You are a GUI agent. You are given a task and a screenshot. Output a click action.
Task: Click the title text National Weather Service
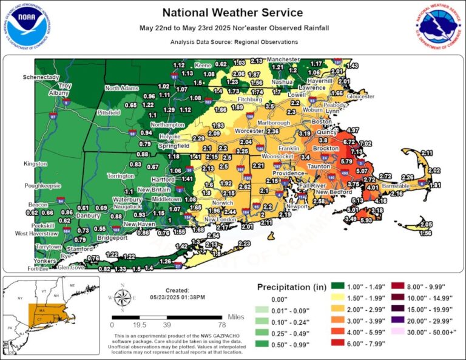[x=232, y=13]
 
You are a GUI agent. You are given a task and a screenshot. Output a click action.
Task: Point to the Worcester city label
[x=249, y=131]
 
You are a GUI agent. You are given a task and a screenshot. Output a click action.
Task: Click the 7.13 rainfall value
[x=356, y=151]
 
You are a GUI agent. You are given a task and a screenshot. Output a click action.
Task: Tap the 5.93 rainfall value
[x=365, y=220]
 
